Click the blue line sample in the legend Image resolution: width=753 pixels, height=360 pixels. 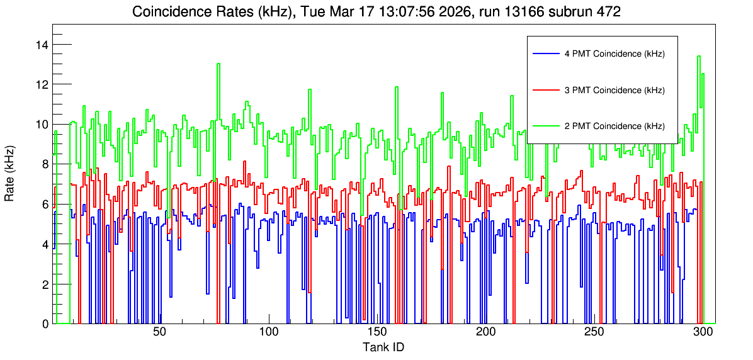coord(545,53)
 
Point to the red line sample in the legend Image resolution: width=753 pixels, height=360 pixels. coord(545,90)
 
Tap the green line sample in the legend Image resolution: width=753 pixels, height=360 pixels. coord(545,126)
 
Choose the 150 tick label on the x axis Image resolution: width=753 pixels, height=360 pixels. coord(377,333)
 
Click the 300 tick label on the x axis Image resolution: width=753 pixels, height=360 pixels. coord(703,333)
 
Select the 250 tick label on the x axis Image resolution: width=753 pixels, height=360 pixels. coord(594,333)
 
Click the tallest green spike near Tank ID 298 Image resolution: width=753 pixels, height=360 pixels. coord(699,56)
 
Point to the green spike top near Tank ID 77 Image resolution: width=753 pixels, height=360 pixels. coord(218,64)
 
